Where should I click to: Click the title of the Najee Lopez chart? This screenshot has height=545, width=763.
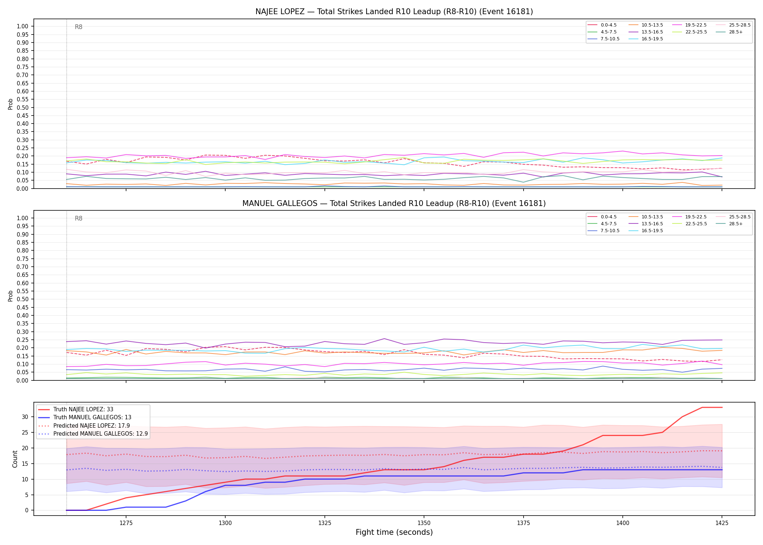(394, 12)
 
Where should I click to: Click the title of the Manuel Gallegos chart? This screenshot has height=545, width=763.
(394, 203)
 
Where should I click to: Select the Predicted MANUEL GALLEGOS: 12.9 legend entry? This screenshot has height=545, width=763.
(93, 434)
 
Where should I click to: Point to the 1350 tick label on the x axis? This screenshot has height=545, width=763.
(424, 523)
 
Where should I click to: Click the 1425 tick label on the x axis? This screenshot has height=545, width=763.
(722, 523)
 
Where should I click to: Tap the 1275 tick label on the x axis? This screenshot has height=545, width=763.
(126, 523)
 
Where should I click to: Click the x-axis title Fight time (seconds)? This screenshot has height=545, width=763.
(394, 533)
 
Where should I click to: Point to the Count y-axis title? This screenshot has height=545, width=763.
(15, 459)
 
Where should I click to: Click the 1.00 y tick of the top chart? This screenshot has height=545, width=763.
(23, 27)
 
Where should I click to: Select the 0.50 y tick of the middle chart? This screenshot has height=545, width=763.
(23, 299)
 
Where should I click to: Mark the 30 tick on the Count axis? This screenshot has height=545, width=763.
(25, 417)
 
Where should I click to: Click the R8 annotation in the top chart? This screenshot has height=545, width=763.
(78, 27)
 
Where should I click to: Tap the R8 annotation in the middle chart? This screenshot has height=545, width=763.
(78, 218)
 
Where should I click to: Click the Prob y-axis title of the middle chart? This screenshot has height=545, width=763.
(11, 296)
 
